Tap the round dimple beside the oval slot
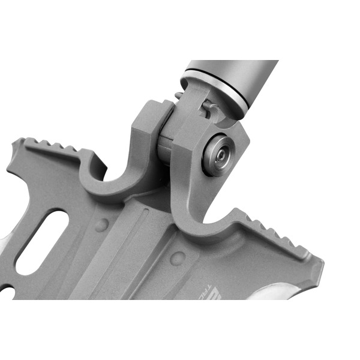tap(102, 226)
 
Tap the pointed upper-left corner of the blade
tap(18, 142)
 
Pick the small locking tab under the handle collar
tap(207, 108)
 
